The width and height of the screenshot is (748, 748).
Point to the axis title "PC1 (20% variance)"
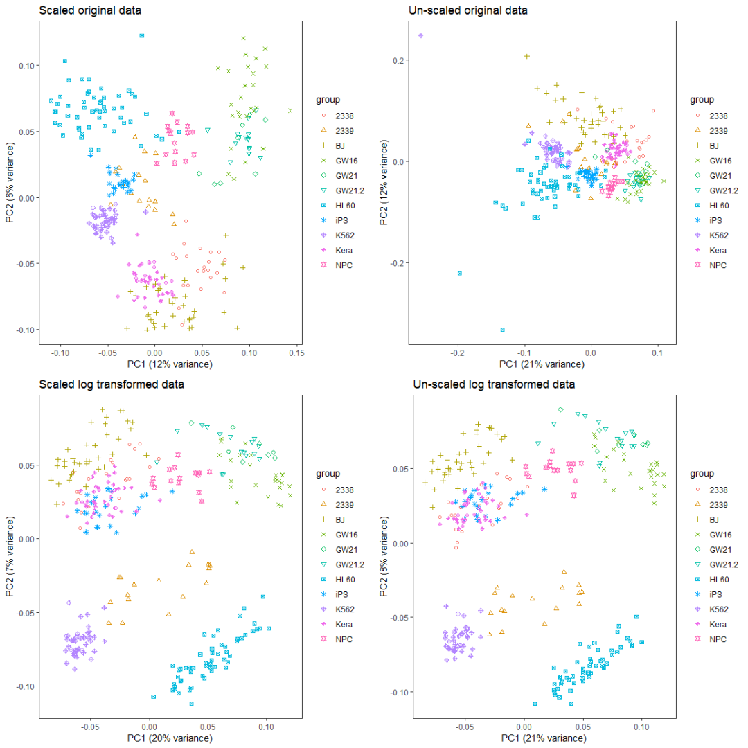170,738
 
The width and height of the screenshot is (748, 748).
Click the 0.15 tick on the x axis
295,353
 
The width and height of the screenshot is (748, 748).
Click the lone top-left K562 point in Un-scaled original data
420,35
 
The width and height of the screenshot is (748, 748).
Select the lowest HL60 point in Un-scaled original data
502,330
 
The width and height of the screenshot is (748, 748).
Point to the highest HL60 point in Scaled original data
141,35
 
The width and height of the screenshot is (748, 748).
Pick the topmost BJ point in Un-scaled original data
526,56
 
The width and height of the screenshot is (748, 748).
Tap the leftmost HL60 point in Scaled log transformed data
154,696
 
